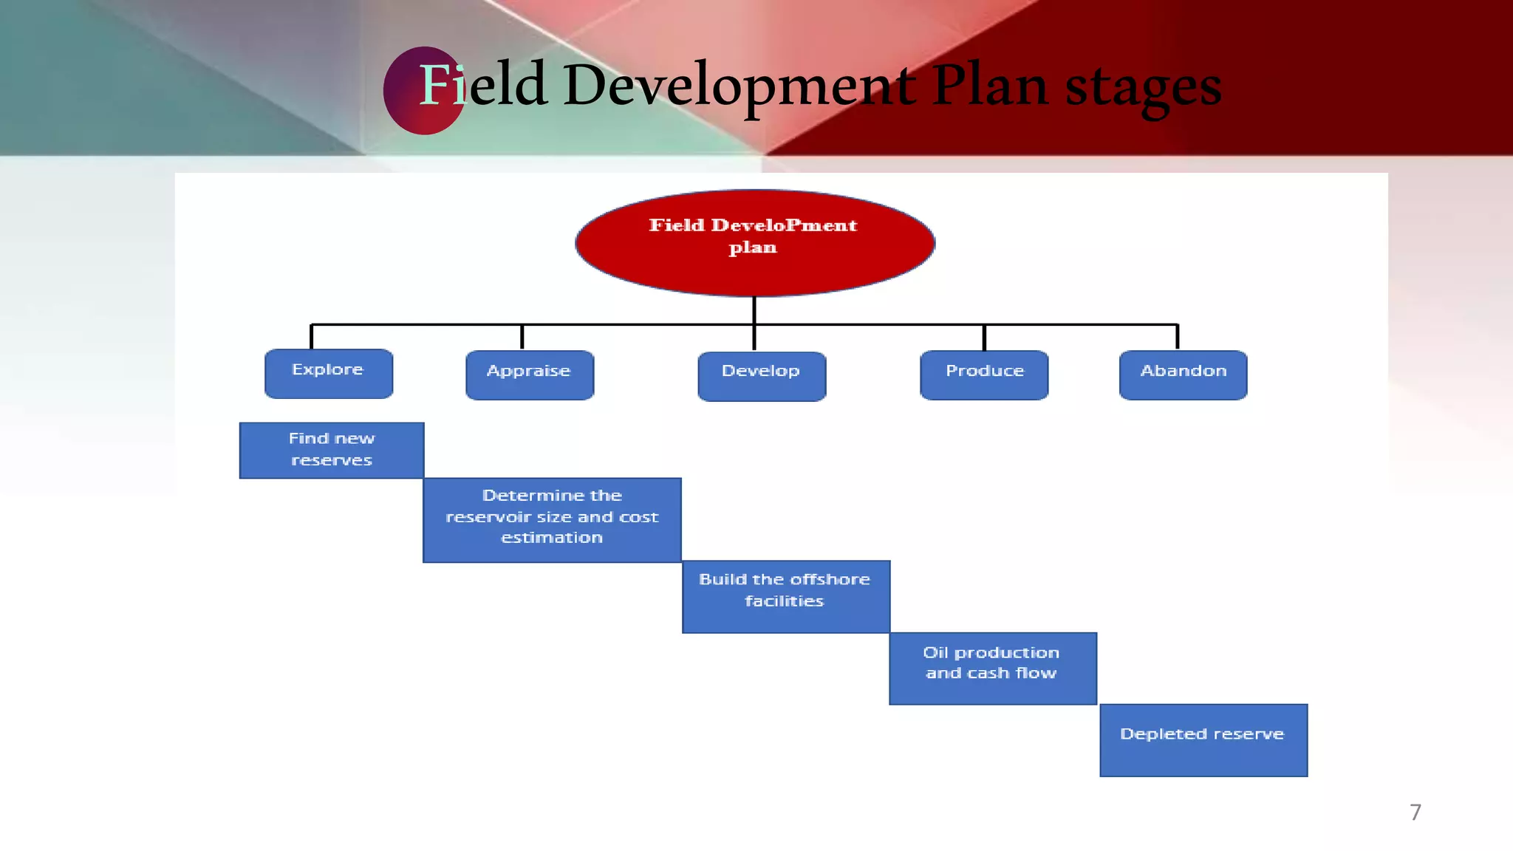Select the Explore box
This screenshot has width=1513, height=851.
click(x=329, y=374)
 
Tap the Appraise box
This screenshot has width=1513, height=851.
click(x=530, y=375)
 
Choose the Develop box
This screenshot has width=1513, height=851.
click(x=762, y=376)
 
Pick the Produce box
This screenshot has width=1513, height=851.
click(x=984, y=375)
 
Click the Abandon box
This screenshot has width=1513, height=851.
click(x=1183, y=375)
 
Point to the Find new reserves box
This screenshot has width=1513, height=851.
click(x=332, y=450)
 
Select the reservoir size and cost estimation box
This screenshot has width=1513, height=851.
click(x=552, y=520)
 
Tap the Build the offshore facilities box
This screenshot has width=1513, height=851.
click(x=785, y=596)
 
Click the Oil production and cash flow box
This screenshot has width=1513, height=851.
click(x=992, y=668)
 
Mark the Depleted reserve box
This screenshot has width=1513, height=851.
click(x=1203, y=739)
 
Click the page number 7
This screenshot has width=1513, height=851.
click(x=1415, y=812)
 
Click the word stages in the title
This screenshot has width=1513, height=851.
click(x=1143, y=87)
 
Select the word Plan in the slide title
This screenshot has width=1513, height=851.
click(x=989, y=85)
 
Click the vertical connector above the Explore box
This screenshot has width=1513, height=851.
click(x=311, y=336)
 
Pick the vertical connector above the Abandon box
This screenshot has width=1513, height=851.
click(x=1177, y=336)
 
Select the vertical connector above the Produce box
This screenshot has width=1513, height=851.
click(x=984, y=337)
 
